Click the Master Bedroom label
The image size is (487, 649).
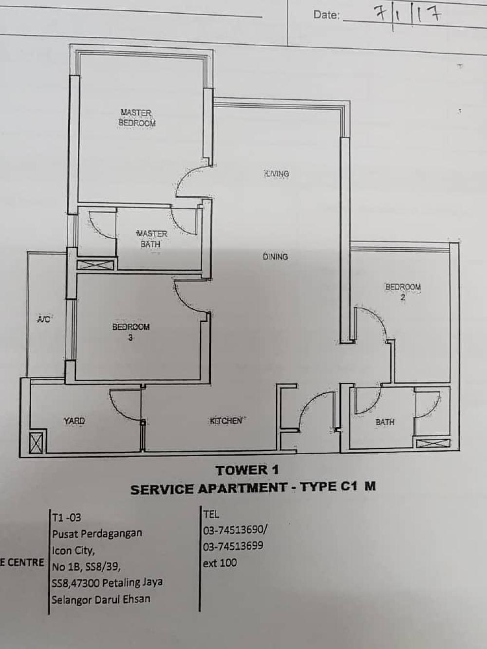coord(137,118)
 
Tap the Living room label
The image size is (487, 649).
coord(277,173)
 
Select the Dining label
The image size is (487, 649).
coord(275,257)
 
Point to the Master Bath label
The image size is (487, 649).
coord(151,239)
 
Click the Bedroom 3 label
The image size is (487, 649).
coord(131,332)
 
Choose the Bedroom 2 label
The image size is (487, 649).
coord(403,292)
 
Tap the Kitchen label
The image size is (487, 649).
coord(226,421)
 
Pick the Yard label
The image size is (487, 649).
coord(74,421)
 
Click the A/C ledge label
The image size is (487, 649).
coord(44,319)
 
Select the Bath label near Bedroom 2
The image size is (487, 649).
coord(385,422)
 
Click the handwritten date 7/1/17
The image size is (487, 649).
coord(408,16)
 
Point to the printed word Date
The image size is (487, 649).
coord(327,15)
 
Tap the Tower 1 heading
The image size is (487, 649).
coord(247,470)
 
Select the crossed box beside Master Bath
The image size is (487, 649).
coord(95,265)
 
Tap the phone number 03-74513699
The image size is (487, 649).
coord(233,545)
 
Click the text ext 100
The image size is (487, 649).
coord(220,563)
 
